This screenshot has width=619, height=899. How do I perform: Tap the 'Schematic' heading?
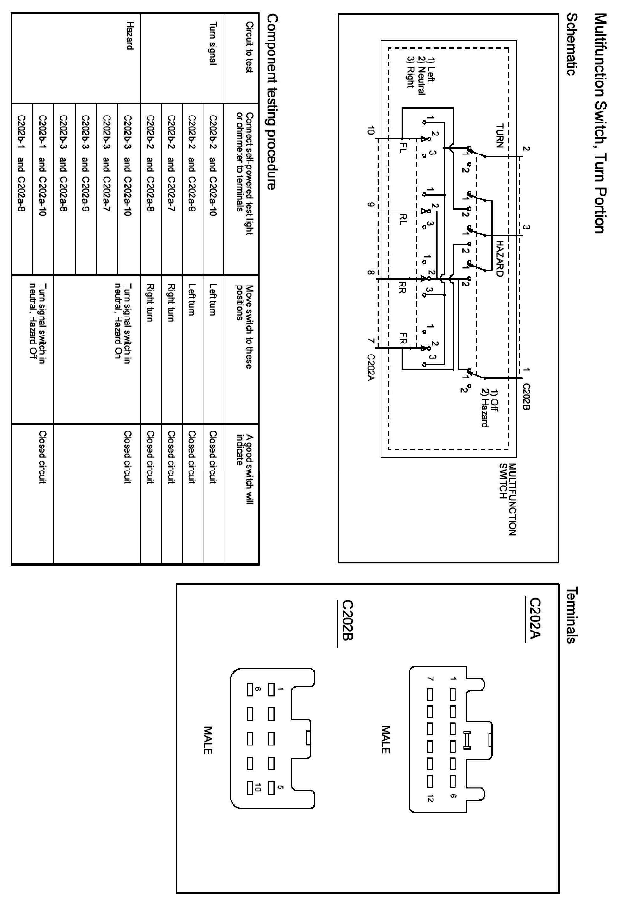pos(572,44)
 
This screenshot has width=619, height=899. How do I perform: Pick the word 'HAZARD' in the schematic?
pos(500,259)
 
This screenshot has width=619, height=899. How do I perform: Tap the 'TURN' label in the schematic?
pos(500,136)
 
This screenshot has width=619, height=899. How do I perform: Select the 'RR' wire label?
pos(402,287)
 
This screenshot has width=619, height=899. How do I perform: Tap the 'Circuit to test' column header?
pos(249,47)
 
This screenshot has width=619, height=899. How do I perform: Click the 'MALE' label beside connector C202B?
pos(208,740)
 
